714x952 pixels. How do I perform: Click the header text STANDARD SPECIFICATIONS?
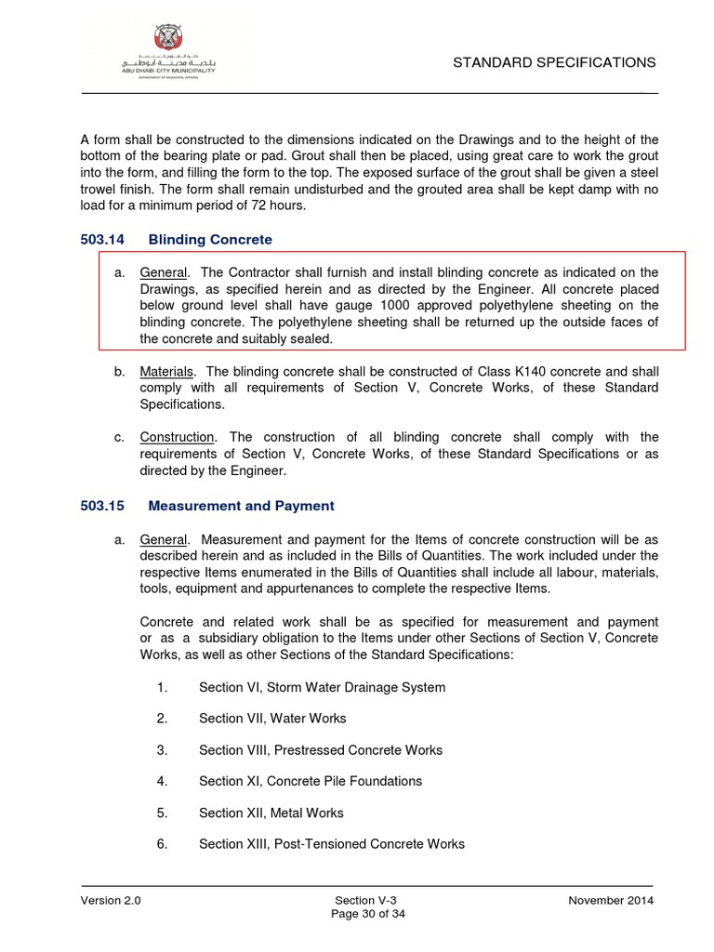pos(554,62)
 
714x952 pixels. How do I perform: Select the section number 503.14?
pos(102,239)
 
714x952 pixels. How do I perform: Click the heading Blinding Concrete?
pos(210,239)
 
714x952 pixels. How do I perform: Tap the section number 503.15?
pos(102,506)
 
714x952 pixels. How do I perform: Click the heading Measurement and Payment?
pos(241,506)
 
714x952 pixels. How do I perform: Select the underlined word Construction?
pos(177,437)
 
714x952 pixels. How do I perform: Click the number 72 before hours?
pos(239,205)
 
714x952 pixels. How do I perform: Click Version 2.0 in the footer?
pos(111,901)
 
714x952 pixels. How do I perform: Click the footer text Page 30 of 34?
pos(369,914)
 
